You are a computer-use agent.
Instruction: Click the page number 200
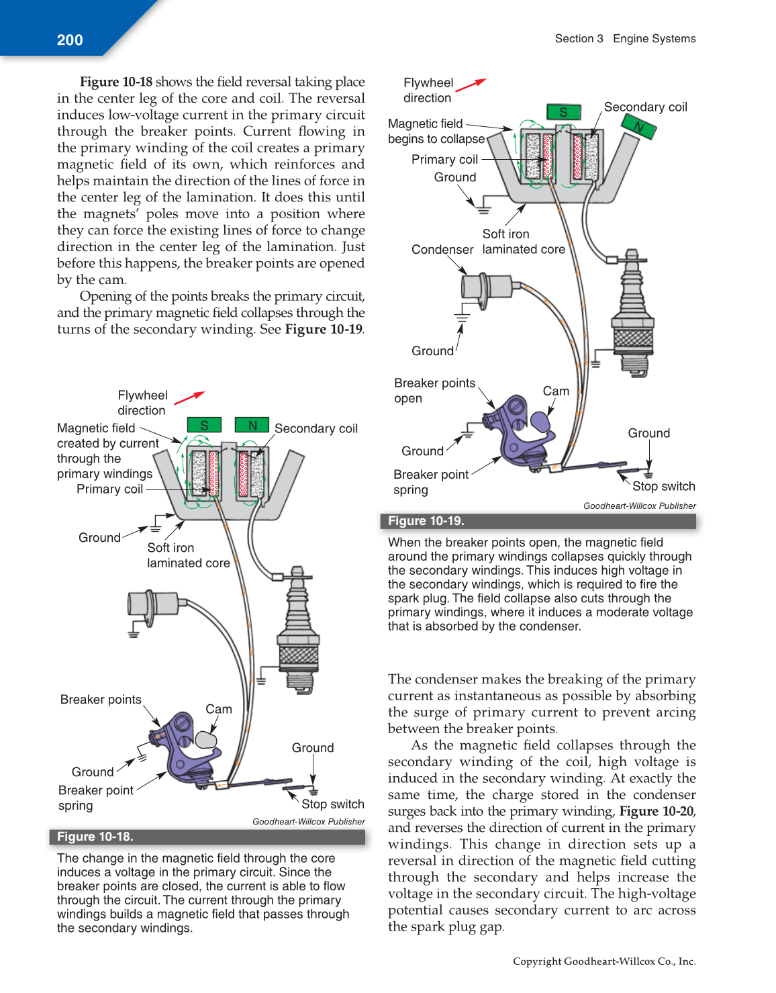[x=70, y=40]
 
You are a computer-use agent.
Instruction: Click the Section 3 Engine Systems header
[x=625, y=39]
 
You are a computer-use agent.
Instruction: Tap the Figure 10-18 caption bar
[x=207, y=837]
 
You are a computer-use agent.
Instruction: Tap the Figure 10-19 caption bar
[x=538, y=521]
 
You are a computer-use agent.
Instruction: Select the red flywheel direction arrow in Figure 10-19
[x=471, y=84]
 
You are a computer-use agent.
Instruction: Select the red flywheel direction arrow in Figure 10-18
[x=189, y=398]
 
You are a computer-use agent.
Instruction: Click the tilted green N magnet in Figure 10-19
[x=638, y=126]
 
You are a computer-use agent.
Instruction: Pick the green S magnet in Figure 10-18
[x=204, y=425]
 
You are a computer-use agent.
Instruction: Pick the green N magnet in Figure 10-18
[x=252, y=425]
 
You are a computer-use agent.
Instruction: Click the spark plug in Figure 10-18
[x=297, y=628]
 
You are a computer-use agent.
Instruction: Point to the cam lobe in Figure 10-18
[x=206, y=739]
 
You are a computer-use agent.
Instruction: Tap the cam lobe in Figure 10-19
[x=540, y=421]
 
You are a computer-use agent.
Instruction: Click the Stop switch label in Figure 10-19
[x=663, y=486]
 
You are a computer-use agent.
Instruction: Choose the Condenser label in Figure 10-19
[x=442, y=250]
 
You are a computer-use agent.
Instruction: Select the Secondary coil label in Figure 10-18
[x=316, y=428]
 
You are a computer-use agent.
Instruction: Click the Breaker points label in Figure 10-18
[x=101, y=700]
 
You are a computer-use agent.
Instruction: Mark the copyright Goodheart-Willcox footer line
[x=603, y=961]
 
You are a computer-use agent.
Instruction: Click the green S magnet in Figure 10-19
[x=563, y=112]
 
